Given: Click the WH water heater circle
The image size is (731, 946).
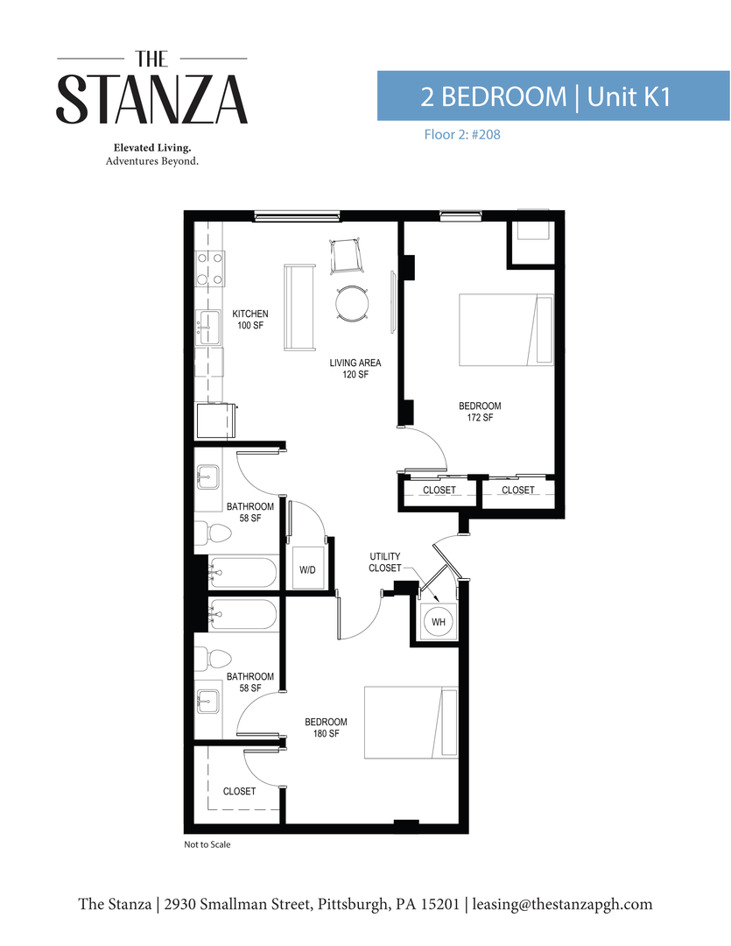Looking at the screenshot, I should pyautogui.click(x=439, y=622).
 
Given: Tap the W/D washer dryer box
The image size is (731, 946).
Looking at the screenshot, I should pyautogui.click(x=307, y=570).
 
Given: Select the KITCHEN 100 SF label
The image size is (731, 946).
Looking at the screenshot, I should pyautogui.click(x=250, y=320).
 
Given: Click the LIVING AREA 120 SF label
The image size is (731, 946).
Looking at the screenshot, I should pyautogui.click(x=355, y=368).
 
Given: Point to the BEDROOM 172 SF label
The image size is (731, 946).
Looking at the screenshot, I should pyautogui.click(x=480, y=412).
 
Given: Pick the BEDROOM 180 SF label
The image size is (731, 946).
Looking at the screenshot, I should pyautogui.click(x=326, y=727).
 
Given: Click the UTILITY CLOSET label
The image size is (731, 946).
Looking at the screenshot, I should pyautogui.click(x=384, y=562).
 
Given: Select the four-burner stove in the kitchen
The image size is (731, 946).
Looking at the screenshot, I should pyautogui.click(x=210, y=269).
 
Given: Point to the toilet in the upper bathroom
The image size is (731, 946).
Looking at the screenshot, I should pyautogui.click(x=204, y=533).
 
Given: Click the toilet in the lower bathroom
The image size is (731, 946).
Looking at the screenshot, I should pyautogui.click(x=204, y=659).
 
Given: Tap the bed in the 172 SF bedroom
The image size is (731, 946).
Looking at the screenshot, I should pyautogui.click(x=507, y=329).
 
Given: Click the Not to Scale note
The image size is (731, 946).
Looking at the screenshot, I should pyautogui.click(x=207, y=846).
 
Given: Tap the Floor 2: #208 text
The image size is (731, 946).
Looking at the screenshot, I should pyautogui.click(x=455, y=136).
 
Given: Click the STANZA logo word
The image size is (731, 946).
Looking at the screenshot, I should pyautogui.click(x=152, y=99).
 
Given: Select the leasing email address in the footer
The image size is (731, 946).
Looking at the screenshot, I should pyautogui.click(x=562, y=904).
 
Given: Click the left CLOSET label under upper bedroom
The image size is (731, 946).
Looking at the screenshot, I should pyautogui.click(x=439, y=491).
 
